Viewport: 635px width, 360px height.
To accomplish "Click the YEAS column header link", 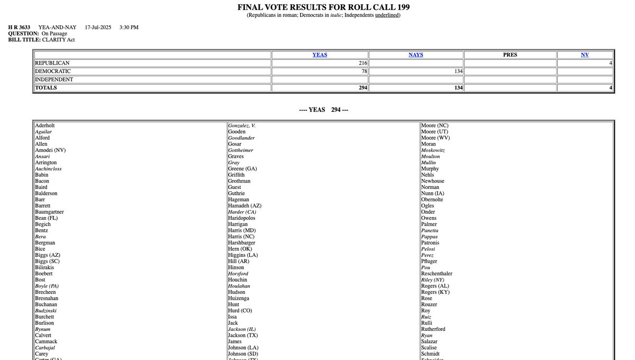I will (320, 55).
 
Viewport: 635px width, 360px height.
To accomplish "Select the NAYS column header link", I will (416, 55).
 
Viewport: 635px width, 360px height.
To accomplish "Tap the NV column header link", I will (585, 55).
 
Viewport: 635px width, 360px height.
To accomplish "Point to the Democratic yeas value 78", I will (364, 71).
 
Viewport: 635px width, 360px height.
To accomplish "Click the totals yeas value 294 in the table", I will (362, 88).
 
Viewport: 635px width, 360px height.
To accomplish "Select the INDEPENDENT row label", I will (54, 79).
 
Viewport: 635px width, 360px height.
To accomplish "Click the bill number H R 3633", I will (19, 28).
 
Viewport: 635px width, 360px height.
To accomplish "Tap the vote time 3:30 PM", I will (129, 28).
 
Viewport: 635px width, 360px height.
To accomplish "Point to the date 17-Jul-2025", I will (96, 28).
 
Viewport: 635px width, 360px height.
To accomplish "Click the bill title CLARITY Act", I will (58, 40).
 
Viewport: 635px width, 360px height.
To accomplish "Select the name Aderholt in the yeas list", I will (45, 125).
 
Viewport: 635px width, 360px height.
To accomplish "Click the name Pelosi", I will (428, 249).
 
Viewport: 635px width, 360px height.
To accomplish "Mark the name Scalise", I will (429, 348).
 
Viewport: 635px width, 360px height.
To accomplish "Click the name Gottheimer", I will (241, 150).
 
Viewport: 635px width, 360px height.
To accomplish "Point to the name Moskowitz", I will (433, 150).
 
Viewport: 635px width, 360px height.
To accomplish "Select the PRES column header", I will (510, 55).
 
